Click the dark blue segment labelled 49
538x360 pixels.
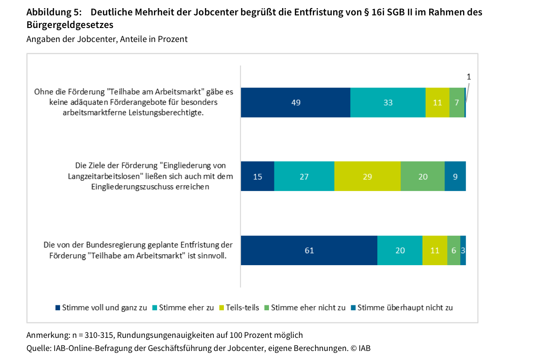tap(296, 103)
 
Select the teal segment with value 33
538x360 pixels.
tap(388, 103)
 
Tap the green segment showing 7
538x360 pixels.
tap(457, 103)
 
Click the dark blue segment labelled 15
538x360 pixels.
tap(257, 176)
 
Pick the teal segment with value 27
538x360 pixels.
tap(304, 176)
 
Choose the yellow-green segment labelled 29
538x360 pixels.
tap(367, 176)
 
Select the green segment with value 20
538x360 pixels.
tap(422, 176)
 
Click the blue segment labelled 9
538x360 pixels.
tap(455, 176)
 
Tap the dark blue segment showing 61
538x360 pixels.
tap(309, 250)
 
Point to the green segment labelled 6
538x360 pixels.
tap(454, 250)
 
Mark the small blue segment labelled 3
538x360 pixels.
tap(463, 250)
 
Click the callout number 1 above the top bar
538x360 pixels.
tap(468, 77)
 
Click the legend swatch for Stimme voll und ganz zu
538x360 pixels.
tap(58, 308)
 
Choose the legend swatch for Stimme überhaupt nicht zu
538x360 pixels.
tap(354, 308)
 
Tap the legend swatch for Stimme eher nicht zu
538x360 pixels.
tap(267, 308)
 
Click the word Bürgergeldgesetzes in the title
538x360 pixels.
tap(70, 24)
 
